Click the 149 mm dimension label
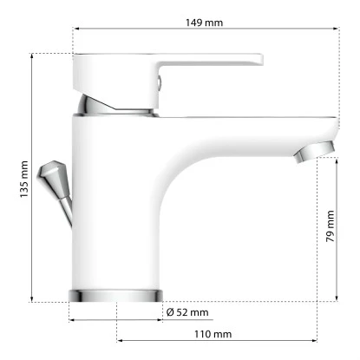click(x=204, y=21)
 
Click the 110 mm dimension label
click(x=213, y=334)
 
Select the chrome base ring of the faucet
click(x=115, y=293)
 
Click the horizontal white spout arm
click(x=252, y=130)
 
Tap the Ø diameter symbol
click(x=170, y=311)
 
